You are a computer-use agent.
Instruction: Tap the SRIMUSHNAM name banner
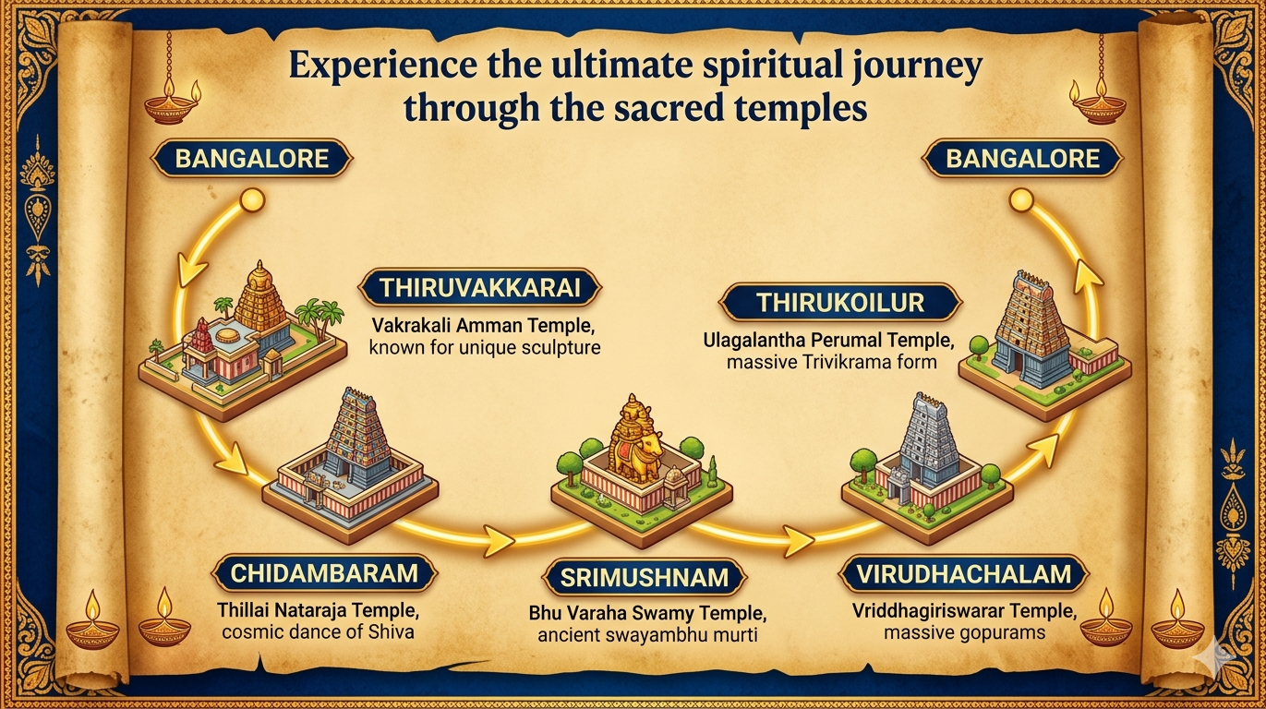[x=645, y=578]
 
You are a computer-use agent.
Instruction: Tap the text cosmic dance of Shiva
[x=317, y=632]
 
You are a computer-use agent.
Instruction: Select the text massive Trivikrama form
[x=831, y=362]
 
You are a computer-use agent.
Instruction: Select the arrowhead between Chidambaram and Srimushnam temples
[x=499, y=541]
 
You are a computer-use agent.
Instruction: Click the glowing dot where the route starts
[x=250, y=199]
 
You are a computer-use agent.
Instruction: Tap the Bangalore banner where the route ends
[x=1023, y=158]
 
